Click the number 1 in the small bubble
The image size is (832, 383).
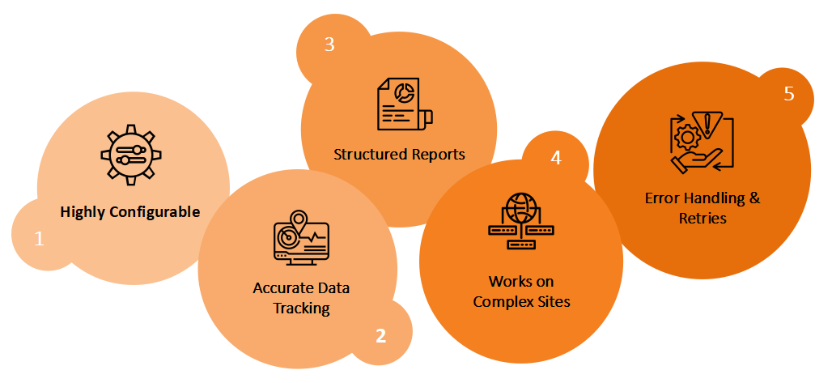pos(38,239)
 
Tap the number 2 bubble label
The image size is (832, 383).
pos(380,335)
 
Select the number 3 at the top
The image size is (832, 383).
pos(329,45)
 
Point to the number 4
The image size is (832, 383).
pos(555,158)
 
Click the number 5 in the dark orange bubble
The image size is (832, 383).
pos(789,94)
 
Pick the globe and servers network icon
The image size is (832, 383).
pos(521,219)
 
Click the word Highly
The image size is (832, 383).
pos(83,213)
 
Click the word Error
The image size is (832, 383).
pos(663,198)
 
